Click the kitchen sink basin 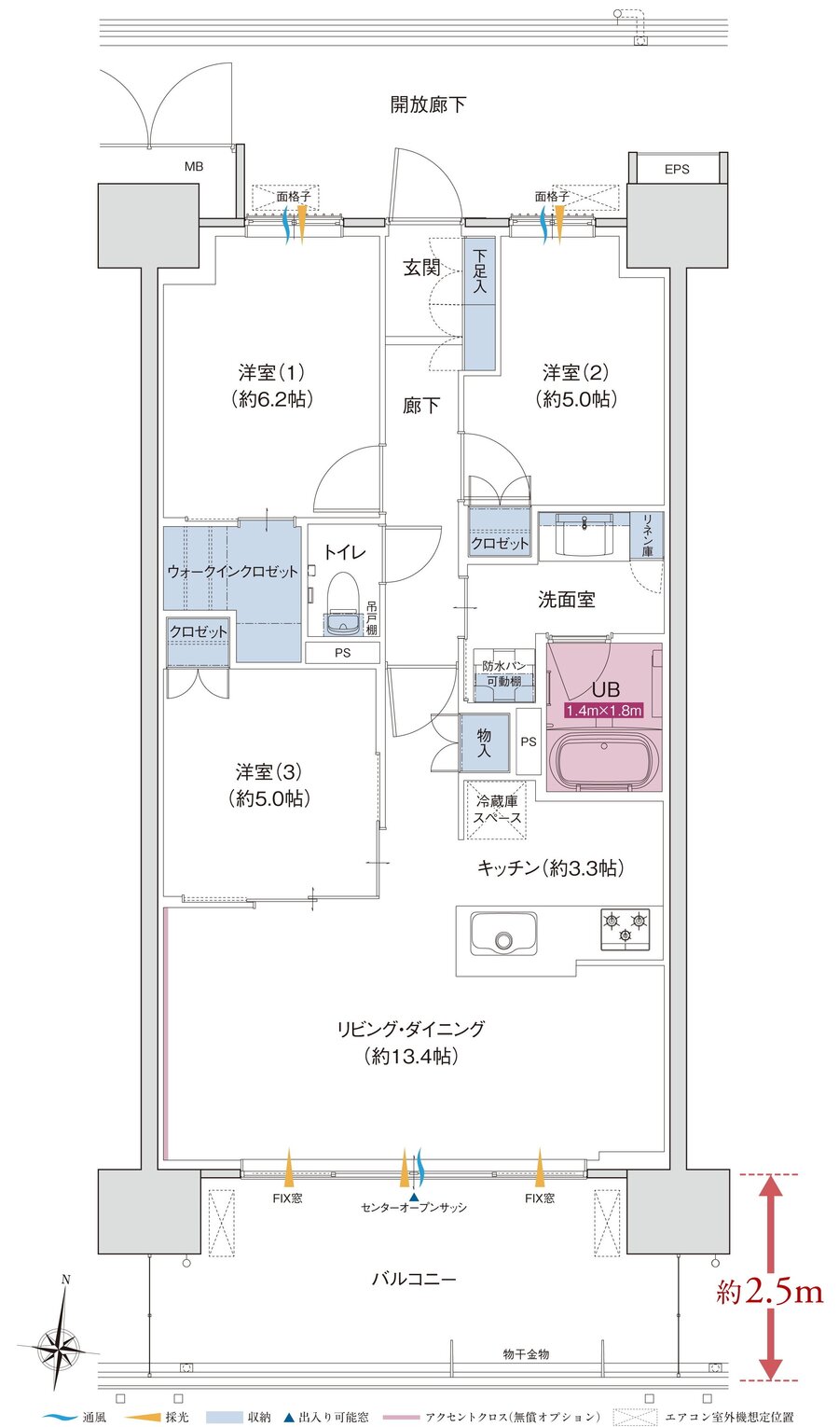tap(503, 934)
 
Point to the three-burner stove tap(625, 929)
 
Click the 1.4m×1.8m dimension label tap(603, 711)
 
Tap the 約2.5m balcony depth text tap(769, 1291)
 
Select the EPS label tap(678, 169)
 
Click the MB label tap(193, 167)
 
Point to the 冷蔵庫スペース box tap(496, 810)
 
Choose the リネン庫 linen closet tap(647, 534)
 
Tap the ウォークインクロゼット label tap(232, 571)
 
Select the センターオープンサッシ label tap(414, 1207)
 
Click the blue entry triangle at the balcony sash tap(414, 1195)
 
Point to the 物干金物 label tap(526, 1353)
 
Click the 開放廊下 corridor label tap(428, 104)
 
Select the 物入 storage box tap(485, 742)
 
